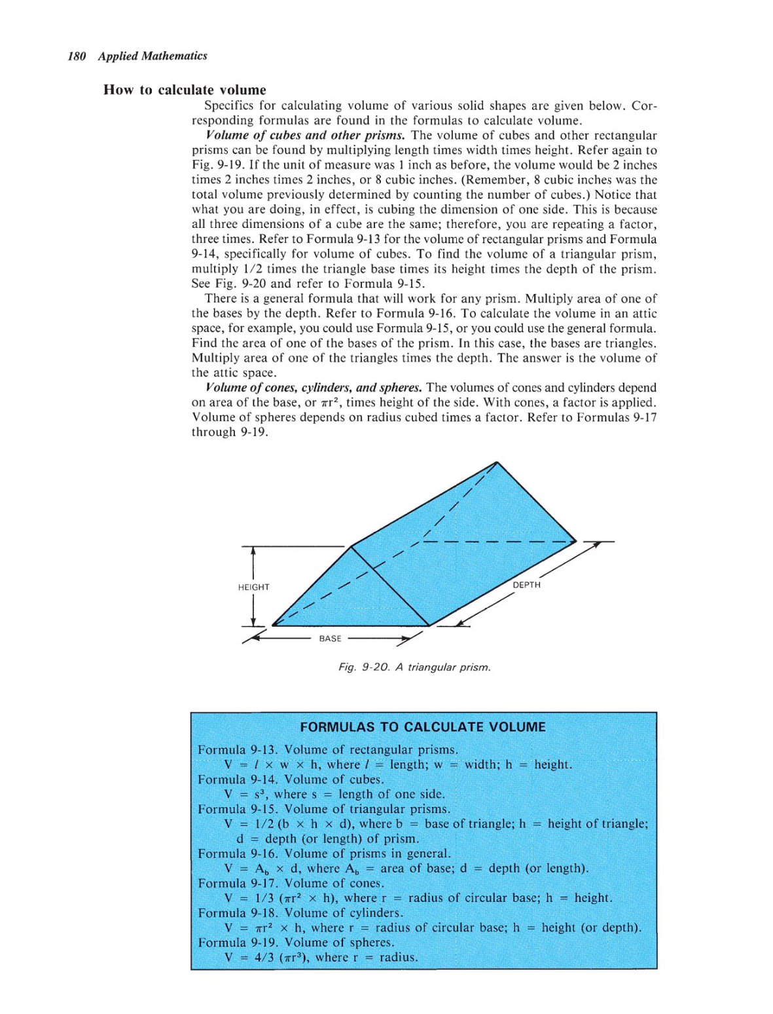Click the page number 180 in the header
coord(77,56)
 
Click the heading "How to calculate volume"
coord(185,90)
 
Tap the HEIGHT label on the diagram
coord(253,587)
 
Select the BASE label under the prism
coord(330,638)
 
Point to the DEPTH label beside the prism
coord(526,584)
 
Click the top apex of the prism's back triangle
coord(497,462)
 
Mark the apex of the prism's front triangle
coord(351,546)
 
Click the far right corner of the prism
coord(576,542)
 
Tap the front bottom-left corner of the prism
coord(272,625)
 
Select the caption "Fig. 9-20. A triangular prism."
coord(414,667)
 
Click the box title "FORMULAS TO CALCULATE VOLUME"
coord(422,726)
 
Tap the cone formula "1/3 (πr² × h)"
coord(295,897)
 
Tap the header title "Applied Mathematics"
coord(153,56)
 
